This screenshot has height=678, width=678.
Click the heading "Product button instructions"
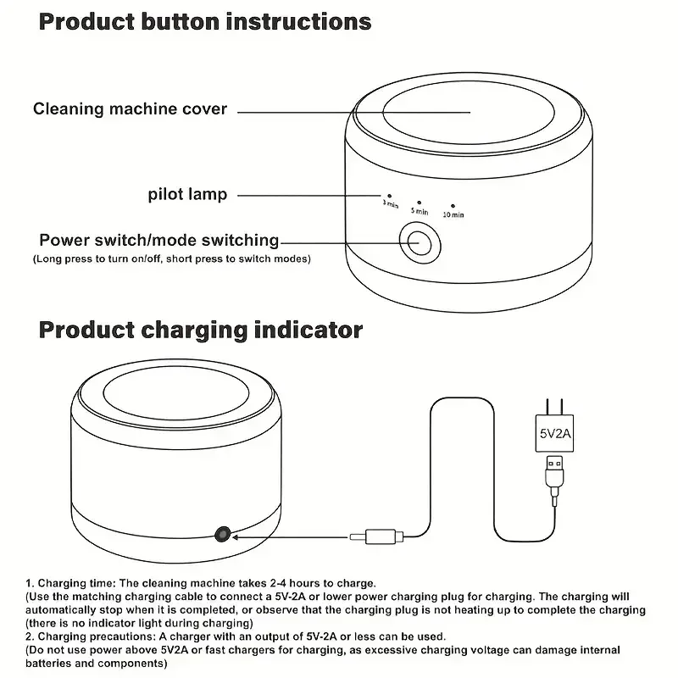[x=205, y=22]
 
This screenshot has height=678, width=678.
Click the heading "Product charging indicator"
[x=201, y=331]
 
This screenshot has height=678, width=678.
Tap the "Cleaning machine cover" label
[x=130, y=109]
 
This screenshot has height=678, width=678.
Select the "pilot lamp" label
[x=187, y=195]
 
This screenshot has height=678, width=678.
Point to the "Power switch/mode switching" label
[x=159, y=241]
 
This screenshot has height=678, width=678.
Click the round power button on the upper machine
[x=420, y=243]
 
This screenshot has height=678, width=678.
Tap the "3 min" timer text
[x=391, y=203]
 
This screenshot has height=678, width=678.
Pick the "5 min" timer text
[x=420, y=211]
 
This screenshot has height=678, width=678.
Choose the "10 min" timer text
[x=453, y=214]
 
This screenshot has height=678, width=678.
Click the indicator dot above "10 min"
[x=453, y=206]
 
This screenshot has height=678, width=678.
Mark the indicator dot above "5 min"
[x=419, y=203]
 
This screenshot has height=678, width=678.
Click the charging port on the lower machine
[x=223, y=535]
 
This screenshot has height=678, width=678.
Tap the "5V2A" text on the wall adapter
[x=555, y=433]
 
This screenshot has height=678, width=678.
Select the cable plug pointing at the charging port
[x=376, y=536]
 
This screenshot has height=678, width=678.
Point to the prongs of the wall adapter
[x=555, y=407]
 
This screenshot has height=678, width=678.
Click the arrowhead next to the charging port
[x=236, y=537]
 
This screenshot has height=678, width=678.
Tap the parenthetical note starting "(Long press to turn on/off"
[x=172, y=259]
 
